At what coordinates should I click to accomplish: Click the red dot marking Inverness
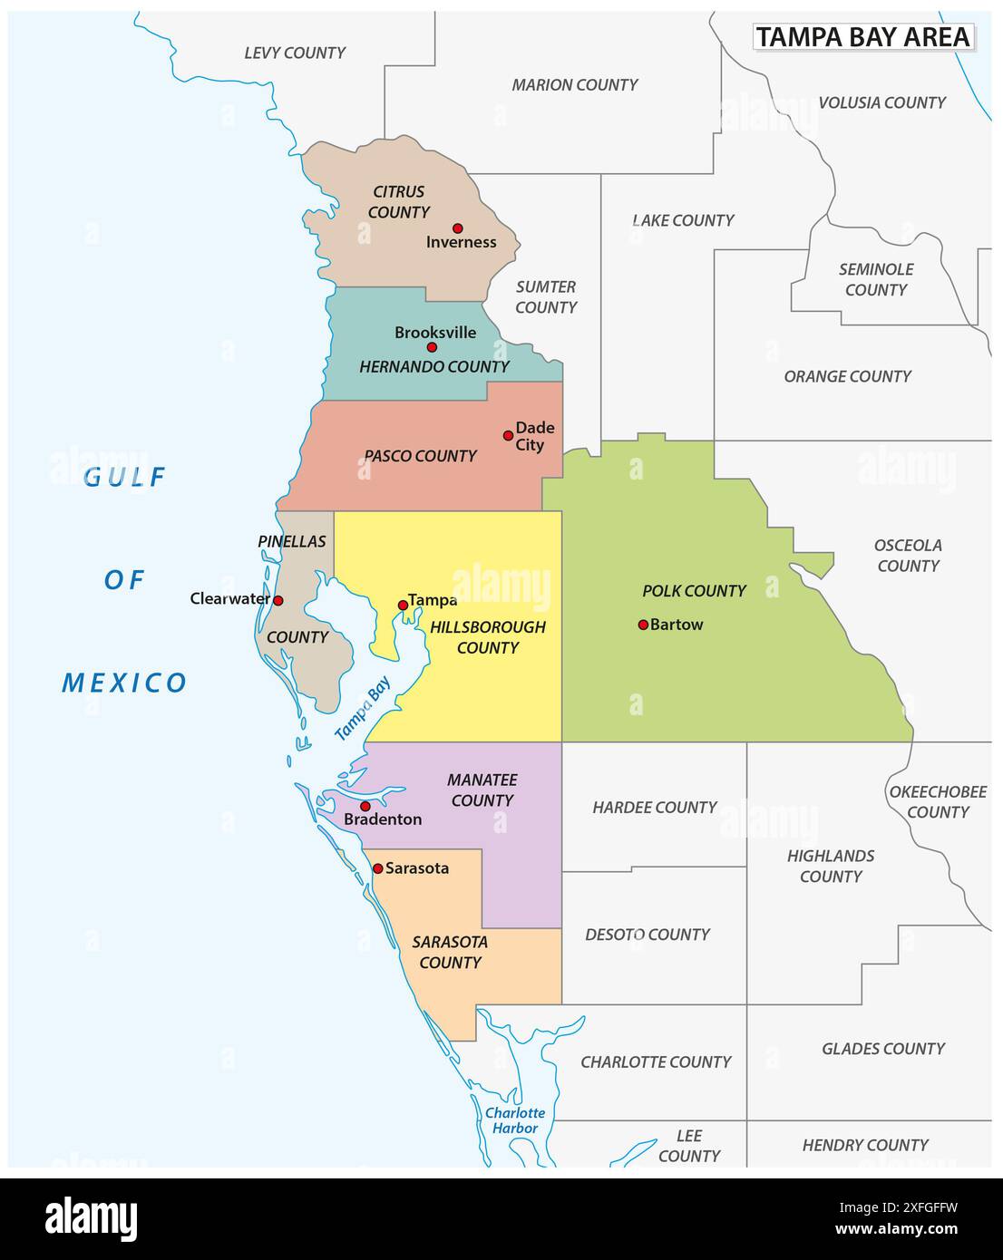pyautogui.click(x=458, y=228)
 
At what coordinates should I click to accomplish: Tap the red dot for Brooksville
pyautogui.click(x=432, y=347)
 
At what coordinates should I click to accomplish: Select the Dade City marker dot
pyautogui.click(x=508, y=435)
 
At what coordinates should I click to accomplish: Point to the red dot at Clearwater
pyautogui.click(x=278, y=600)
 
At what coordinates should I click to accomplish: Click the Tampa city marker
pyautogui.click(x=403, y=605)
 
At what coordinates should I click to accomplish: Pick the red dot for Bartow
pyautogui.click(x=643, y=625)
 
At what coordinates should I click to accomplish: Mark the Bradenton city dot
pyautogui.click(x=365, y=806)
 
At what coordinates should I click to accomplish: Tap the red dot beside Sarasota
pyautogui.click(x=378, y=868)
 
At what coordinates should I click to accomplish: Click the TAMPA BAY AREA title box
pyautogui.click(x=863, y=37)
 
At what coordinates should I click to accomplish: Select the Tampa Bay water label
pyautogui.click(x=363, y=709)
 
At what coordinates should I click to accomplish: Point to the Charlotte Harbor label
pyautogui.click(x=515, y=1120)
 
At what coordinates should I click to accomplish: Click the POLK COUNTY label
pyautogui.click(x=694, y=591)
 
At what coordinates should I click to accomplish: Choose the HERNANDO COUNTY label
pyautogui.click(x=433, y=367)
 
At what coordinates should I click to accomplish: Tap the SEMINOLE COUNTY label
pyautogui.click(x=876, y=280)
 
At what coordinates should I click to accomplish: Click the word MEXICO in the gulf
pyautogui.click(x=124, y=683)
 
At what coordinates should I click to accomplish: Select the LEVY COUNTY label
pyautogui.click(x=295, y=53)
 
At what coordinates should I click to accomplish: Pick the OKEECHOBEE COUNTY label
pyautogui.click(x=938, y=802)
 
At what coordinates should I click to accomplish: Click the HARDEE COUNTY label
pyautogui.click(x=654, y=808)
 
